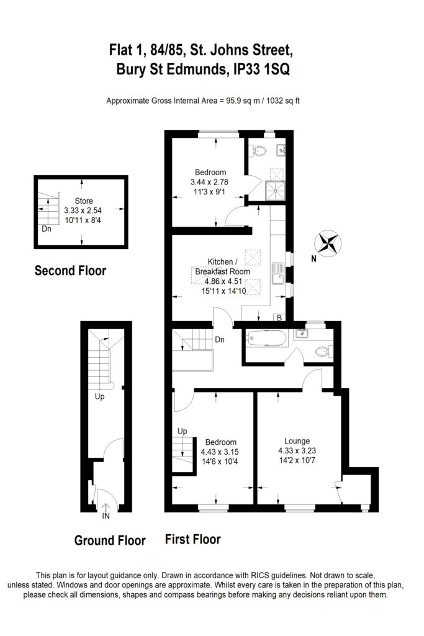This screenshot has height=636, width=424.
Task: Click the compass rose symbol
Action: point(328,243)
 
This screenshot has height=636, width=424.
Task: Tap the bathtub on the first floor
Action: point(267,338)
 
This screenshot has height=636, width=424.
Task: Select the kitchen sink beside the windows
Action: point(277,273)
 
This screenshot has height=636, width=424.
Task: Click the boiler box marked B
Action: point(279,317)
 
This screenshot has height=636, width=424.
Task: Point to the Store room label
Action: point(84,201)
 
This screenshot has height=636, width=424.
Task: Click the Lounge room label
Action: point(297,441)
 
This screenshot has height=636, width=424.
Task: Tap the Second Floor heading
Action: point(71,271)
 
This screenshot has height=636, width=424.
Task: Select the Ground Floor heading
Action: point(110,540)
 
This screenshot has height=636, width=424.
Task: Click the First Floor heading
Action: point(193,539)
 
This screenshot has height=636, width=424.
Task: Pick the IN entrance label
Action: point(106,516)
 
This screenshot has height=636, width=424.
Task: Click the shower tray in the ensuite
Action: point(275,190)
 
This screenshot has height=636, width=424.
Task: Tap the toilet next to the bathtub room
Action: point(324,352)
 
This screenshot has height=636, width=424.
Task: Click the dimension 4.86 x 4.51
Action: point(223,281)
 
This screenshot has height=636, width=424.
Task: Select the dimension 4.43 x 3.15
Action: point(220,452)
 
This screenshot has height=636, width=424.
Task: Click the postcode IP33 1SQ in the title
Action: point(262,70)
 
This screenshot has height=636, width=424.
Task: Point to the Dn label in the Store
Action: point(47,229)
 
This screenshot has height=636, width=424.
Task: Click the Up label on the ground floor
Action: point(100,396)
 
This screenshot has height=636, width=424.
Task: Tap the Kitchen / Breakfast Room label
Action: point(222,266)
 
